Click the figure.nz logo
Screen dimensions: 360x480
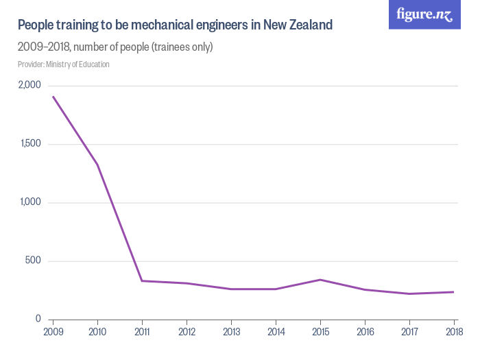pos(424,14)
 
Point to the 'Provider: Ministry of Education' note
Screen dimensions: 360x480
pos(63,64)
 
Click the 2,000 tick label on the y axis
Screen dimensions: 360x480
pos(29,85)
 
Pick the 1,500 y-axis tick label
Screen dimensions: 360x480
pos(30,144)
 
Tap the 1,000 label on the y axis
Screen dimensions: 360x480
pos(30,202)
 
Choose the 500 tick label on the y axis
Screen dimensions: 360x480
pos(33,261)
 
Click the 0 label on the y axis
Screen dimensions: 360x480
pos(38,319)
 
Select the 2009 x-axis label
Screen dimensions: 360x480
pos(53,333)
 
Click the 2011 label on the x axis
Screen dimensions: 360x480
pos(142,333)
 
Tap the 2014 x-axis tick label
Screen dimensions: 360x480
pos(276,333)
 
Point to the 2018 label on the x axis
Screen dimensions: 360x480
pos(453,333)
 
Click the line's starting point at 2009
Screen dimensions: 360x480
pos(53,96)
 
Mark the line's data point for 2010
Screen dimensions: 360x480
pos(97,165)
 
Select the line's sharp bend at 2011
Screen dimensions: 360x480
pos(142,280)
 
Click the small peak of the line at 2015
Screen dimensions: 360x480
pos(320,279)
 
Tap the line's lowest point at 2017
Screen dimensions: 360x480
pos(409,293)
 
